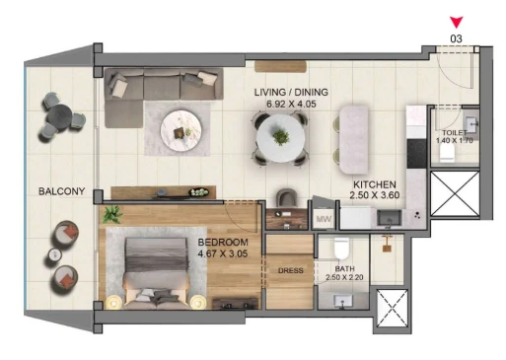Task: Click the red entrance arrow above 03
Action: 457,22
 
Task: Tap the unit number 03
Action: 456,38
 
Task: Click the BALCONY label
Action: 61,191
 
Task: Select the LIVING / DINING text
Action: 291,92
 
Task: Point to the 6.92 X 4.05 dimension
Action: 291,104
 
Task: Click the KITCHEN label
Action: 375,184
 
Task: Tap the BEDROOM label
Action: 223,243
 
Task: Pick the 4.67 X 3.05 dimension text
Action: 223,253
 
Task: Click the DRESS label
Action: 291,270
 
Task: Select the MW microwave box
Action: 324,219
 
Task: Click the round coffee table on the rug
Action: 181,130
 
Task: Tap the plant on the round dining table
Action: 280,136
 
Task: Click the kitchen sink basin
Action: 389,218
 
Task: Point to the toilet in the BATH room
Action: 341,249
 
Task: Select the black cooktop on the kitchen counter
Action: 416,154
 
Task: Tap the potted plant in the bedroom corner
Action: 112,214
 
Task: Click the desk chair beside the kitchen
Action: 287,197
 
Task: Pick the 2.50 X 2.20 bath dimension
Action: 344,277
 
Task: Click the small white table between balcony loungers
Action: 55,254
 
